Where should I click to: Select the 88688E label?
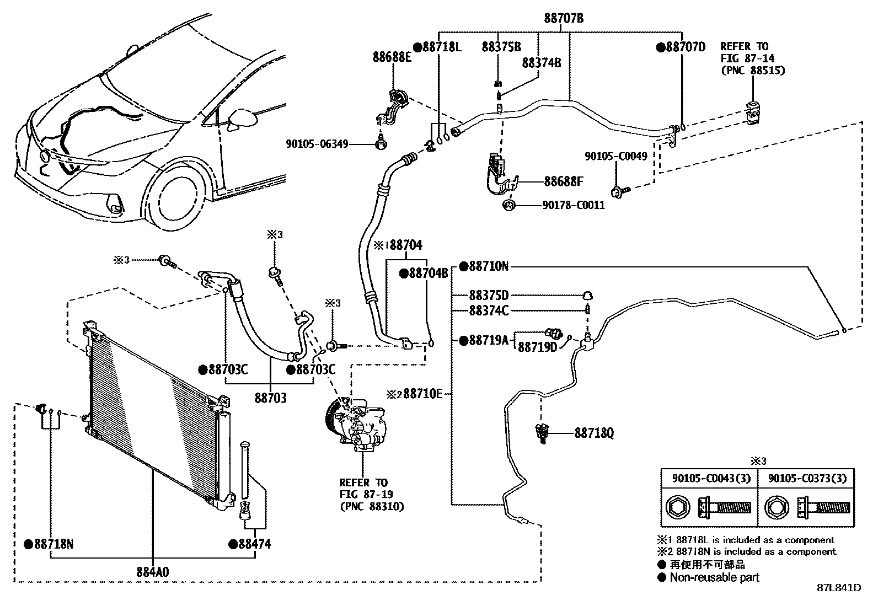click(392, 56)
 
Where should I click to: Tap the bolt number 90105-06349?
click(317, 144)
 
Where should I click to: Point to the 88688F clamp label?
click(564, 181)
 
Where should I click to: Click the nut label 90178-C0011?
click(573, 205)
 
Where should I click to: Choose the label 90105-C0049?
click(615, 157)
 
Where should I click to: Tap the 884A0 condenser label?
click(152, 572)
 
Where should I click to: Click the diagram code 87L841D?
click(838, 588)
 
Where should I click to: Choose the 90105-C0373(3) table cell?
click(805, 478)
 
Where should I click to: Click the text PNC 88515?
click(753, 70)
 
